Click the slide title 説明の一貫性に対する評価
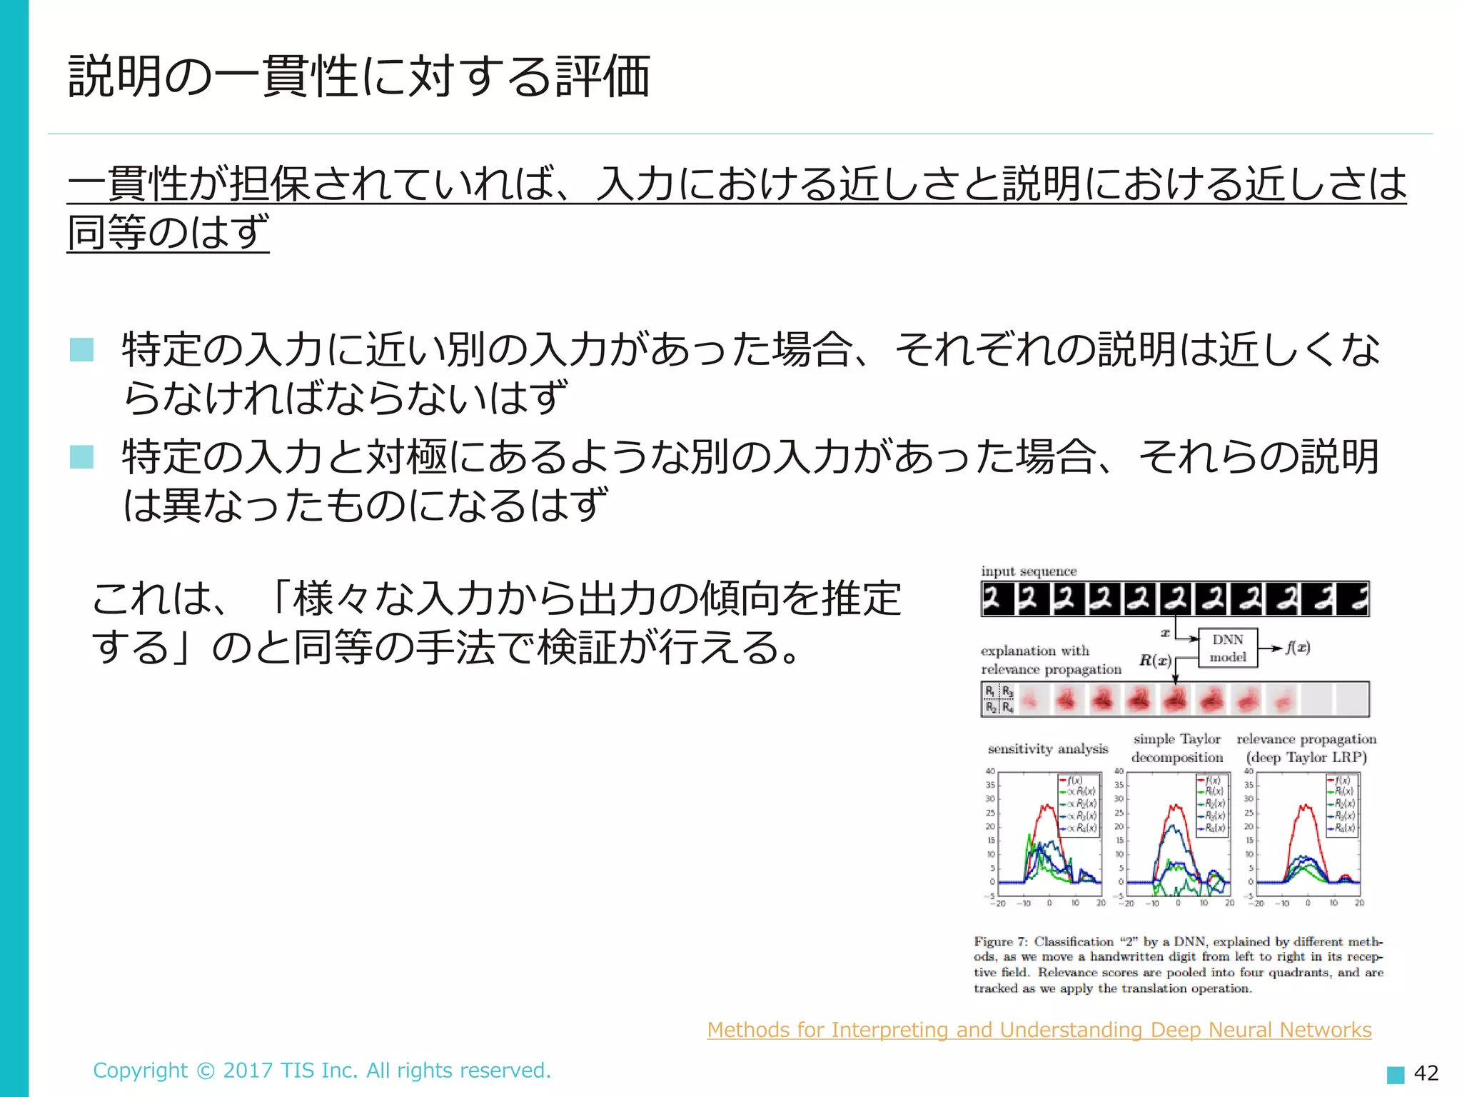(358, 76)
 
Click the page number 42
(1426, 1073)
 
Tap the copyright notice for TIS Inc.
(322, 1070)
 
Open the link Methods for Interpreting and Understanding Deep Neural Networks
(1039, 1030)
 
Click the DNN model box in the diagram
(1227, 648)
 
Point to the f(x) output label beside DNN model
(1297, 648)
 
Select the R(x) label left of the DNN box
(1154, 661)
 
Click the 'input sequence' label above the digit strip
(1028, 571)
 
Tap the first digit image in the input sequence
(997, 599)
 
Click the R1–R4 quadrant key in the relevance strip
(999, 699)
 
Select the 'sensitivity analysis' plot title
(1047, 748)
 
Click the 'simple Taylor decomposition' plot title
(1177, 748)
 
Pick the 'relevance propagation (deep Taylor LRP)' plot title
(1306, 748)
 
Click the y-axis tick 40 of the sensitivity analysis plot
(990, 771)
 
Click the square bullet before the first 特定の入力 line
(81, 350)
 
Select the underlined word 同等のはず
(168, 232)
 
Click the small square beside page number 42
(1395, 1074)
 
